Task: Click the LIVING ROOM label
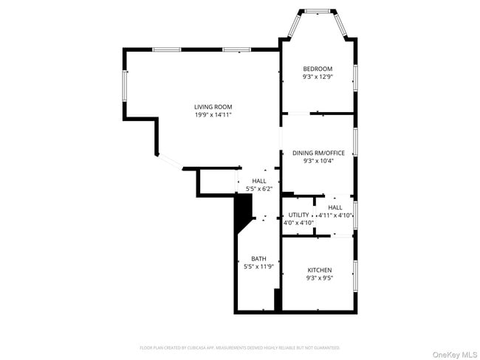coord(213,107)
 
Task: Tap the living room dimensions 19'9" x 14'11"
coord(213,115)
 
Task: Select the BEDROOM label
coord(318,69)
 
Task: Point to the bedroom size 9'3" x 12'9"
coord(318,77)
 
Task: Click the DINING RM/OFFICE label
coord(318,153)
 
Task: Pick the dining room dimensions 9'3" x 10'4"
coord(318,161)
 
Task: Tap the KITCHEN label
coord(319,270)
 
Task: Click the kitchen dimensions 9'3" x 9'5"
coord(319,278)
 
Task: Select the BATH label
coord(258,258)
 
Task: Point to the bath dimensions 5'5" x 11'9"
coord(258,266)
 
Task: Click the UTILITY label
coord(299,215)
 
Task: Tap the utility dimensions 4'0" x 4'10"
coord(299,222)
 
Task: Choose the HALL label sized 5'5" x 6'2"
coord(259,181)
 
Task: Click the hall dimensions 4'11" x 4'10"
coord(335,215)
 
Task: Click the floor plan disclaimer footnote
coord(240,347)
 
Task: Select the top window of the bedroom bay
coord(318,11)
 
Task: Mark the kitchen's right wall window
coord(355,274)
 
